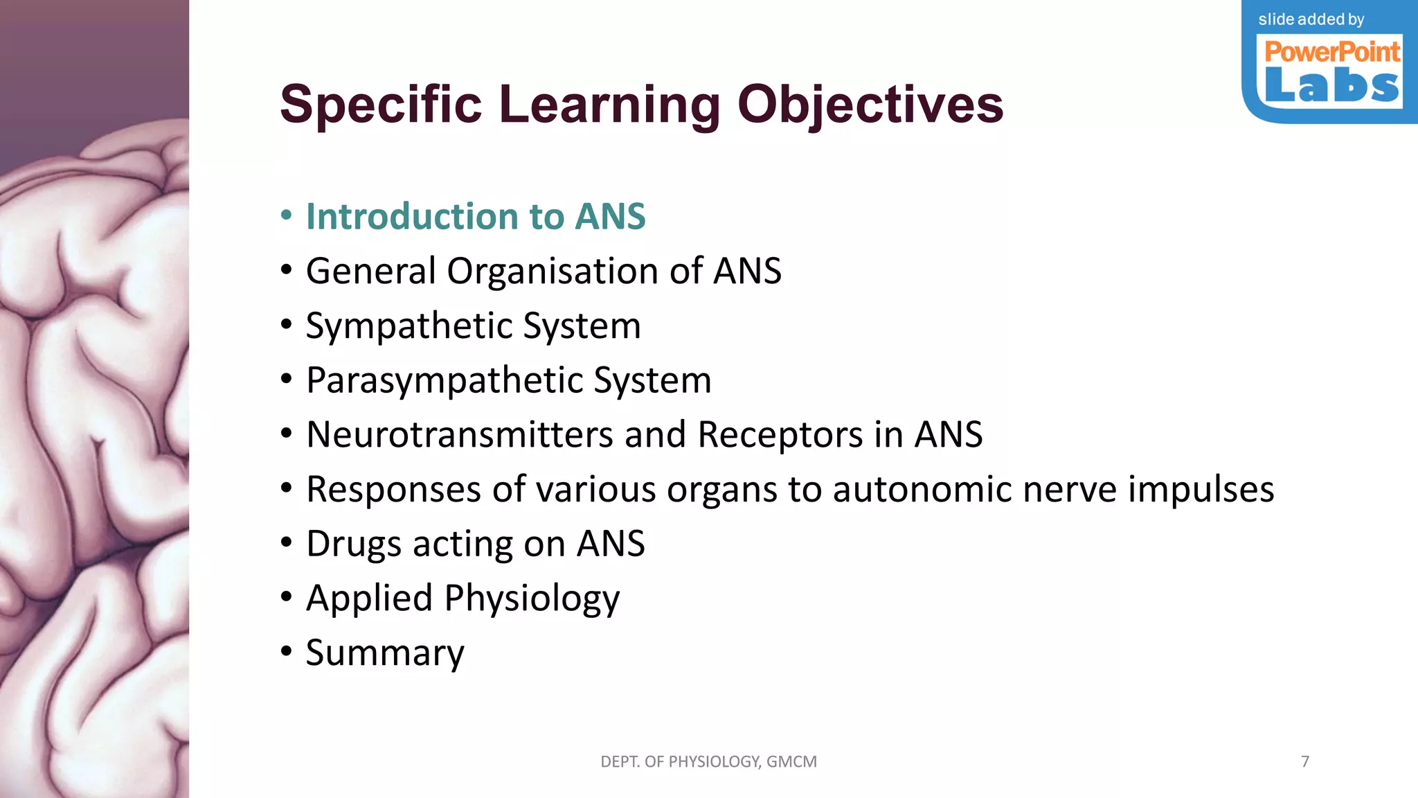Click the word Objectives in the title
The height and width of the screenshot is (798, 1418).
870,105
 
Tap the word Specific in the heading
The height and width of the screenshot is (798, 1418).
380,104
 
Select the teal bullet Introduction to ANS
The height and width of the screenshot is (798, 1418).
476,216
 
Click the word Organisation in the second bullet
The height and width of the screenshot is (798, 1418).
552,271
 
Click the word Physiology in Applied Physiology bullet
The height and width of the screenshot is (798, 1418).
532,598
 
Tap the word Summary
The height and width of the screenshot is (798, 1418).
385,653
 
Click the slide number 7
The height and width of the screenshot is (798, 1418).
1305,762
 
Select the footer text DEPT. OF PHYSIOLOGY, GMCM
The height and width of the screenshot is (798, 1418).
708,762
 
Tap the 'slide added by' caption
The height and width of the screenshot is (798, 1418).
1311,19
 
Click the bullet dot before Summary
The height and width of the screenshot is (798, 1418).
287,652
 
